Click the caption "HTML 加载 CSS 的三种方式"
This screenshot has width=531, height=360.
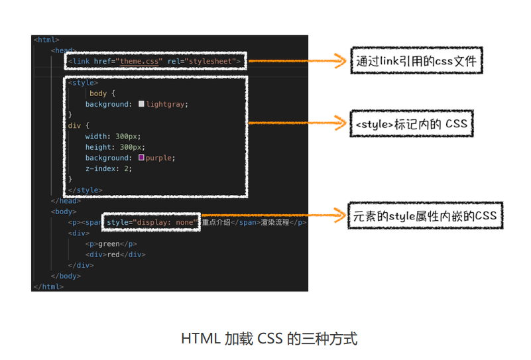(x=269, y=339)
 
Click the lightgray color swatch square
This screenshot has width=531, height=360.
(x=141, y=104)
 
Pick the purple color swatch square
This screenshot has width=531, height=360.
(x=141, y=158)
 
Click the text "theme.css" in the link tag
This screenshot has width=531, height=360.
(x=141, y=62)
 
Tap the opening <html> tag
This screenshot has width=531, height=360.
(x=46, y=40)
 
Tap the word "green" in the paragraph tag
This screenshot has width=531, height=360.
(x=109, y=244)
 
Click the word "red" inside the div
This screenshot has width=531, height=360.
(x=113, y=255)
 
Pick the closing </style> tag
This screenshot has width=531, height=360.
(x=85, y=190)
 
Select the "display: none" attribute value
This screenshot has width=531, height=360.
(x=166, y=222)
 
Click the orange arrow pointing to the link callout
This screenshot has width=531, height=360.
(x=298, y=62)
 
